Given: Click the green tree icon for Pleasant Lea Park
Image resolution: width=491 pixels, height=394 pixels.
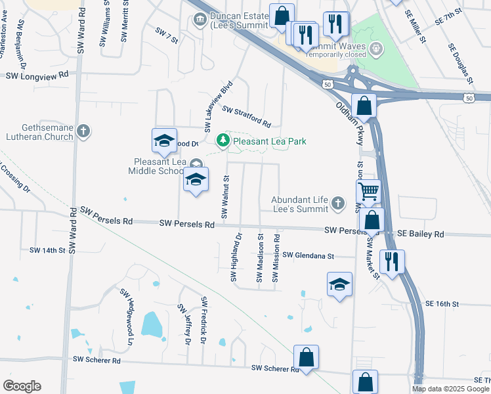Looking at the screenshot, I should click(x=223, y=141).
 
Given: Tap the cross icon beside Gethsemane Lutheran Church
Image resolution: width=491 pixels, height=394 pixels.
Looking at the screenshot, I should click(x=83, y=131).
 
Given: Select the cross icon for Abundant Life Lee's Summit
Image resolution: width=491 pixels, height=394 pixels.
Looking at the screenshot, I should click(x=337, y=204).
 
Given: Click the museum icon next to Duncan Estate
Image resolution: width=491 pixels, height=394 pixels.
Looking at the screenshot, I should click(x=200, y=20).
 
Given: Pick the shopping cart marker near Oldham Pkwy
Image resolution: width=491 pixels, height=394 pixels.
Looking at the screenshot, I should click(x=370, y=191).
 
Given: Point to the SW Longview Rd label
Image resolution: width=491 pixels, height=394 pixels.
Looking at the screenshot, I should click(x=37, y=76).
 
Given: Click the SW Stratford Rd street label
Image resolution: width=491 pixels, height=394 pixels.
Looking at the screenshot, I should click(x=246, y=117).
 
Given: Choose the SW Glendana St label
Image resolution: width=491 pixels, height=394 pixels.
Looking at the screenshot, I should click(x=309, y=255).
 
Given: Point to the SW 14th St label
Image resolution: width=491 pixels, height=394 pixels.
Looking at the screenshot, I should click(x=48, y=250).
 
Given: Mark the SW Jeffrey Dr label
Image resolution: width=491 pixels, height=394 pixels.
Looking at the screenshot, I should click(x=184, y=323).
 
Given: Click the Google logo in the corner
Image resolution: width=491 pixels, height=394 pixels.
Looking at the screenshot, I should click(x=22, y=386).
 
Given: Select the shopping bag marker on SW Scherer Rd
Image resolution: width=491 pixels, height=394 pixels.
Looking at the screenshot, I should click(x=306, y=357).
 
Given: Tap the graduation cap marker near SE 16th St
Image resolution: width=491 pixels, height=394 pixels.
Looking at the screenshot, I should click(x=339, y=285).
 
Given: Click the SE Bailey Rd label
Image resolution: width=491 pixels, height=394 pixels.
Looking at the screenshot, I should click(x=421, y=234).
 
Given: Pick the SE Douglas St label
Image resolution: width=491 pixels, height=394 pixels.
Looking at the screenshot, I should click(x=461, y=64).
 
